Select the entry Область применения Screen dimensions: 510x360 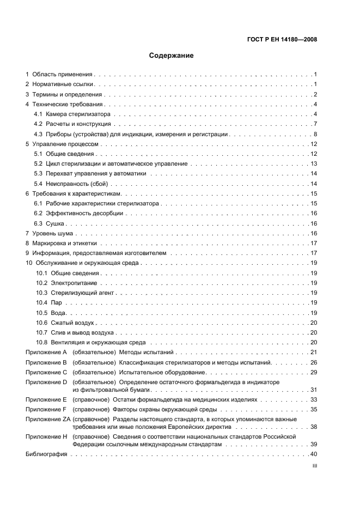coord(63,74)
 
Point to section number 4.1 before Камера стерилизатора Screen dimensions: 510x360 coord(38,114)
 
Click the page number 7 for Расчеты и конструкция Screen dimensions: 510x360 coord(315,124)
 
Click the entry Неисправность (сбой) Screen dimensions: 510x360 coord(76,184)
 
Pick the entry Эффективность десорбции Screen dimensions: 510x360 coord(80,214)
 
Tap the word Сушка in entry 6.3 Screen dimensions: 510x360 coord(55,223)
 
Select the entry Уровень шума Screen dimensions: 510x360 coord(55,233)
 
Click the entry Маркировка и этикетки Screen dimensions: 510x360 coord(67,243)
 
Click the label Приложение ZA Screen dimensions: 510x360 coord(47,420)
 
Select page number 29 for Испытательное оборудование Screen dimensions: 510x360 coord(314,372)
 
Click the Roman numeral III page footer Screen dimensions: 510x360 coord(314,466)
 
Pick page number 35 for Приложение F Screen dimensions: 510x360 coord(314,409)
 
